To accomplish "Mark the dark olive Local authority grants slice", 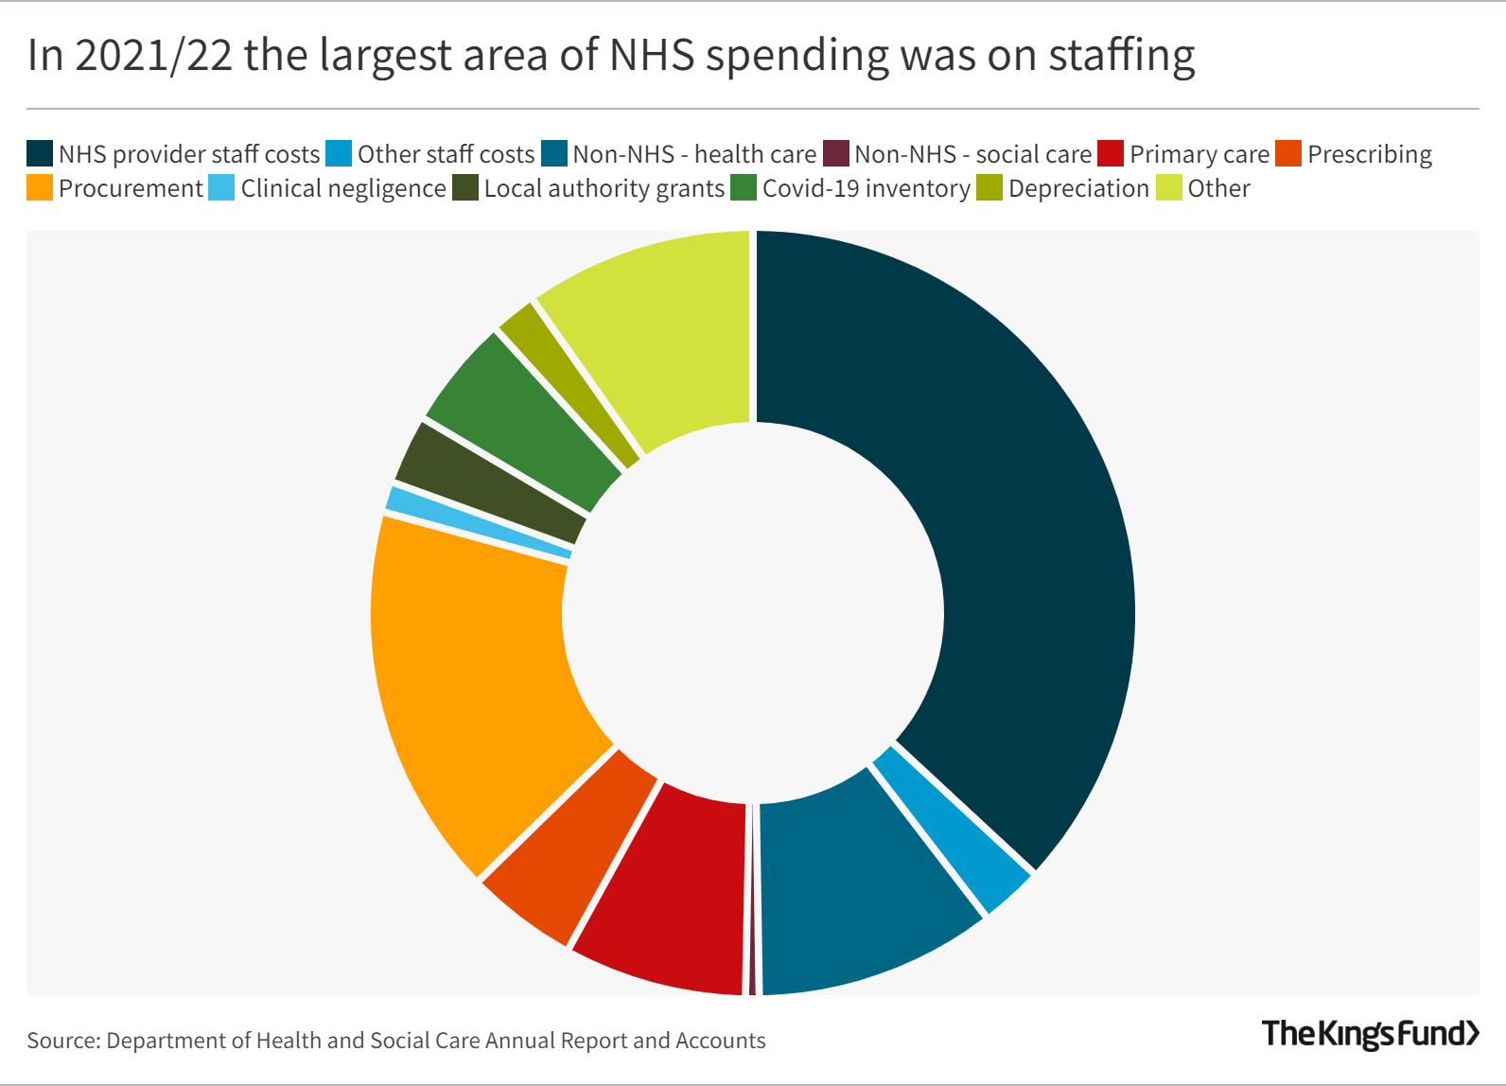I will point(492,482).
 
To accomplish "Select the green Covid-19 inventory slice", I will point(525,421).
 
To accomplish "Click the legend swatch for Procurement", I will point(40,188).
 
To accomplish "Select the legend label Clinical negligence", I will point(342,188).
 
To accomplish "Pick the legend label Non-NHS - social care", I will point(972,154).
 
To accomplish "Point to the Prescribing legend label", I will point(1369,154).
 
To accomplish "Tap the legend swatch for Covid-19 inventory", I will point(744,188).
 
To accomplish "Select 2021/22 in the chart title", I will point(153,55).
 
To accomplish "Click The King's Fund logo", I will point(1370,1033).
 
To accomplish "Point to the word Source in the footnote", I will point(62,1041).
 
